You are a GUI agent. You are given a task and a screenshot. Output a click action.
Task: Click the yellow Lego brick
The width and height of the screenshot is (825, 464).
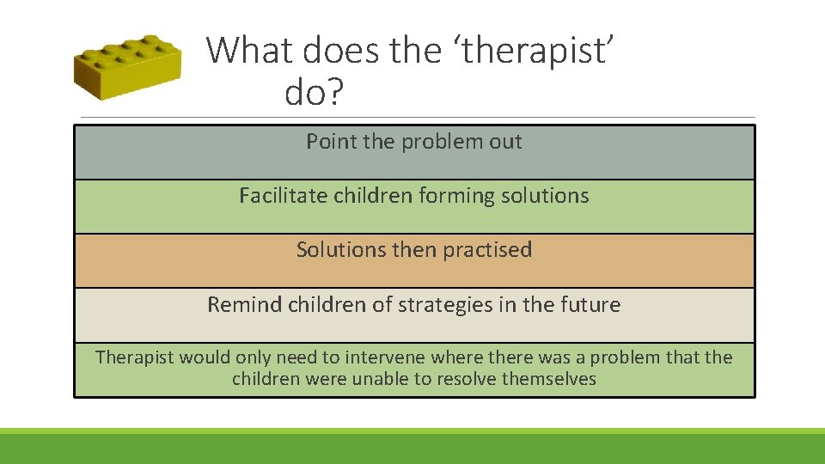126,68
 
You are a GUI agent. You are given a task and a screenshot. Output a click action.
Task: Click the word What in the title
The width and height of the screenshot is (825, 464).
245,51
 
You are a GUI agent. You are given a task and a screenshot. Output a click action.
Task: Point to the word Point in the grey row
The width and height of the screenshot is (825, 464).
332,142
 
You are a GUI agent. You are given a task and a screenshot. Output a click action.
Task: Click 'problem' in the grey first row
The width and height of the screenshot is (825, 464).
433,142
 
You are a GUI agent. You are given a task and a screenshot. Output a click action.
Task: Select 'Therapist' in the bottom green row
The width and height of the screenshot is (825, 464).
134,357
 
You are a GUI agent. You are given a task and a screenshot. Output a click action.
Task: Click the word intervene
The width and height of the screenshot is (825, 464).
386,357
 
